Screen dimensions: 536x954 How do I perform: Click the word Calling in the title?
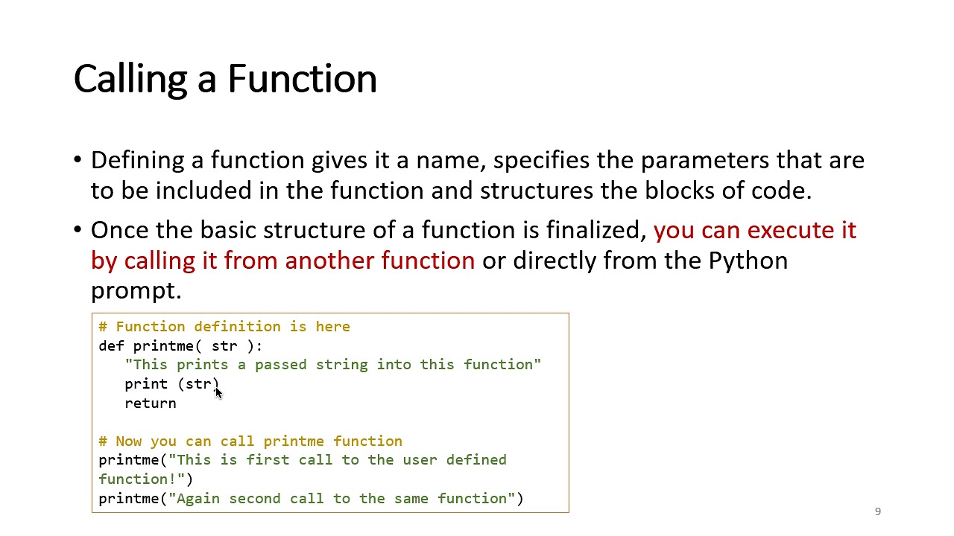tap(131, 79)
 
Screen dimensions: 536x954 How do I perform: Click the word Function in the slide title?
tap(302, 79)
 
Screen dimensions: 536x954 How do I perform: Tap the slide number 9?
tap(878, 511)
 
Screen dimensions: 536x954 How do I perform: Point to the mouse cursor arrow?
tap(218, 392)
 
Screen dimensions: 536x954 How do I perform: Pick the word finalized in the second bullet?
tap(596, 230)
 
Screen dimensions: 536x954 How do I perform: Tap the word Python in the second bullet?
tap(748, 261)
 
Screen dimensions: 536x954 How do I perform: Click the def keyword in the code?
tap(111, 346)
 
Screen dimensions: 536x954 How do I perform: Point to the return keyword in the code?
tap(151, 403)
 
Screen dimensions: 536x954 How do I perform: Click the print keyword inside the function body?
tap(146, 384)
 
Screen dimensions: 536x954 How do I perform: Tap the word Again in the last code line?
tap(198, 499)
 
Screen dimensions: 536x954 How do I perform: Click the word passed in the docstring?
tap(281, 365)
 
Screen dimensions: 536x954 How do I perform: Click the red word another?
tap(330, 261)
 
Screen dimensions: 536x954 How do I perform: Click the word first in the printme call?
tap(268, 460)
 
